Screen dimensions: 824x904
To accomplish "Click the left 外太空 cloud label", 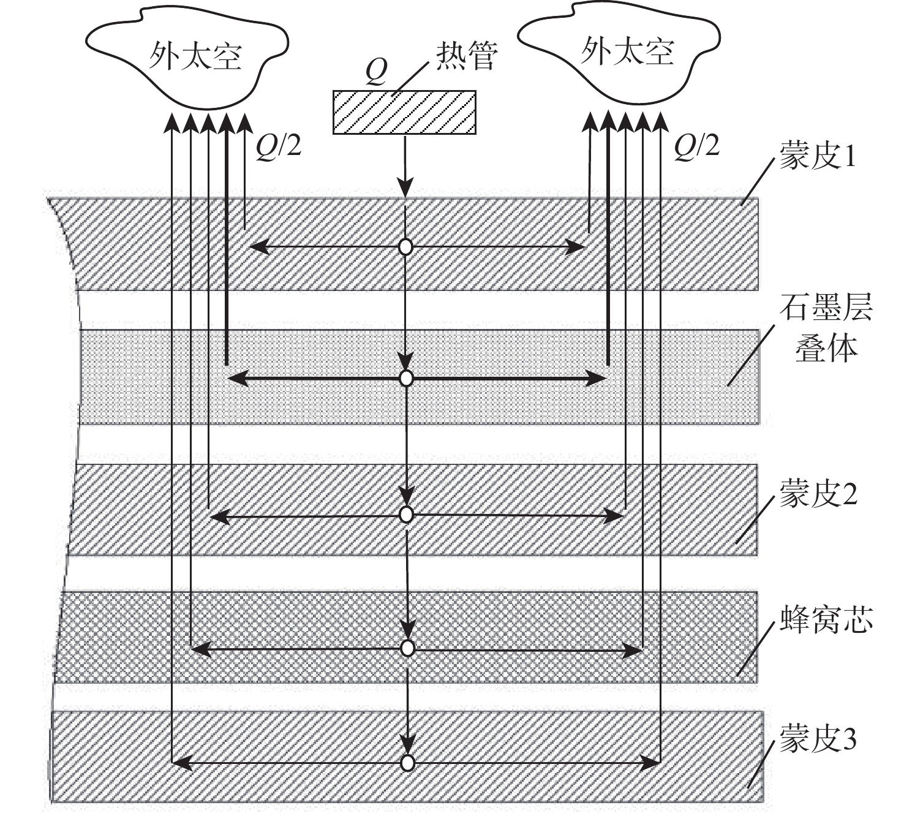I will click(195, 56).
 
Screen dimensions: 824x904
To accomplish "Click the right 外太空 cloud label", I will click(627, 51).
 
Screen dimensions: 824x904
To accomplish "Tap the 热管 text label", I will click(466, 56).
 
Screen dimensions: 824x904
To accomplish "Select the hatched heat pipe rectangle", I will click(404, 112).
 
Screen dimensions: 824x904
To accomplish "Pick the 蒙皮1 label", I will click(817, 156).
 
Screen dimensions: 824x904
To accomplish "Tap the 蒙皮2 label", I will click(818, 493).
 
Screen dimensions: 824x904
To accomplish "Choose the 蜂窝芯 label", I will click(826, 619).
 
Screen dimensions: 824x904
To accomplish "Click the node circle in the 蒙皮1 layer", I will click(405, 248).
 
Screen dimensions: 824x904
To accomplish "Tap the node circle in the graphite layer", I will click(405, 379).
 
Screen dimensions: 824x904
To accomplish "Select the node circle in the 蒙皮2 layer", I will click(405, 515).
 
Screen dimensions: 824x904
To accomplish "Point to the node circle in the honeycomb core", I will click(407, 648).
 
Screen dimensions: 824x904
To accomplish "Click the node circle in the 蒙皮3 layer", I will click(407, 763).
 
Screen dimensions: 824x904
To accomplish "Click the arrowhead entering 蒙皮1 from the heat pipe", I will click(405, 187).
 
